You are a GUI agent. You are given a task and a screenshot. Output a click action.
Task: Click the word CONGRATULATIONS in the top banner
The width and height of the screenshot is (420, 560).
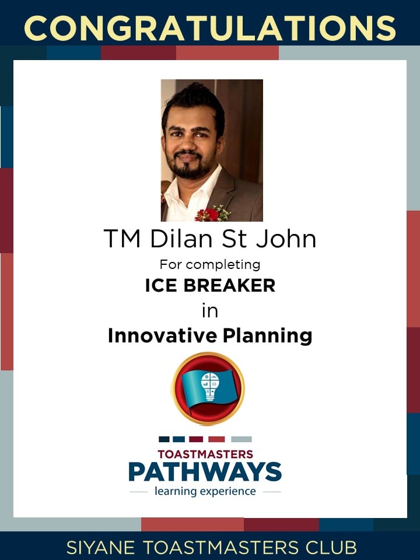(x=210, y=28)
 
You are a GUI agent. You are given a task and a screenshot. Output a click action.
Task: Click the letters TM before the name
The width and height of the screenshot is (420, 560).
(x=122, y=238)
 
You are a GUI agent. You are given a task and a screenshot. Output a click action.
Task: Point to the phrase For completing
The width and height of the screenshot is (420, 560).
(x=210, y=265)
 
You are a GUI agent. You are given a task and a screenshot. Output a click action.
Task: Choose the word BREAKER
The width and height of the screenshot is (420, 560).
(x=229, y=285)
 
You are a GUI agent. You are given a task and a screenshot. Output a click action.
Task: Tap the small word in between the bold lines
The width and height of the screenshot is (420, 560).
(x=210, y=310)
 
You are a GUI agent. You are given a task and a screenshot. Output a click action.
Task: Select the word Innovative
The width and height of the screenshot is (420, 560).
(x=162, y=336)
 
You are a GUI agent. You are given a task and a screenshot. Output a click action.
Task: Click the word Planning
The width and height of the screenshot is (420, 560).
(x=268, y=337)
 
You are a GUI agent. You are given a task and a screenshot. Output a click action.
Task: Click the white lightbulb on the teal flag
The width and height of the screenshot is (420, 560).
(x=210, y=386)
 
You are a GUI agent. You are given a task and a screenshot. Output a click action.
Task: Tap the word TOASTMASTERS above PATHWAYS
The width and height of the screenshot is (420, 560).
(x=205, y=454)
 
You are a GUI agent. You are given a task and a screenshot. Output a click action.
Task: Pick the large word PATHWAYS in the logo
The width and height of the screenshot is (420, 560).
(x=205, y=471)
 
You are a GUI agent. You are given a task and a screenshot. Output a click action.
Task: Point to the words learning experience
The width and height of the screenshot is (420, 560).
(x=205, y=491)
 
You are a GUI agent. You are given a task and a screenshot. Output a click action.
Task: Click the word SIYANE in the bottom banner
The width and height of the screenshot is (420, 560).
(x=100, y=548)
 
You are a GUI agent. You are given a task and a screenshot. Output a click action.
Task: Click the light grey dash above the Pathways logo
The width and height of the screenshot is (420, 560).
(x=242, y=439)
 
